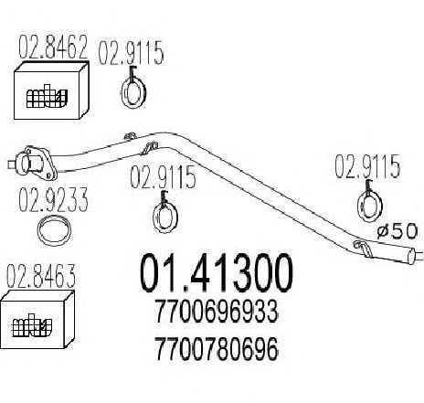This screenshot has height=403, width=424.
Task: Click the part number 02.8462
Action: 53,48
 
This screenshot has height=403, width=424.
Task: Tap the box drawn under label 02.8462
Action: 51,90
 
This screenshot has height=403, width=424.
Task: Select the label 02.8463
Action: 41,276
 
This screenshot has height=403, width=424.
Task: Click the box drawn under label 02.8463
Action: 37,319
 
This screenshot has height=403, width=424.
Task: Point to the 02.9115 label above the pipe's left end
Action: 131,53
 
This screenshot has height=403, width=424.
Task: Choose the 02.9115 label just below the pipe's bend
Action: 163,176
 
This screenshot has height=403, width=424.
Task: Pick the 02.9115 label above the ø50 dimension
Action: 367,166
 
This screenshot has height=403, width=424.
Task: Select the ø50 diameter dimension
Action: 397,231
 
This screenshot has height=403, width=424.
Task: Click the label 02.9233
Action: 53,200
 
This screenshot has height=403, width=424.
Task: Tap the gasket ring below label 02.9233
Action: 54,230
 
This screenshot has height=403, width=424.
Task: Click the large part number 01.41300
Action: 217,273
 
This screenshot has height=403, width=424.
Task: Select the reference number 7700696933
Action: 217,312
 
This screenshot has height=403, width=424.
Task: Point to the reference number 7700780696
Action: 217,348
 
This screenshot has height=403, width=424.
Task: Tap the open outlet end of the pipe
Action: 412,257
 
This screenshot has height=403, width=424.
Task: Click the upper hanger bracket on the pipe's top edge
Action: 130,136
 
